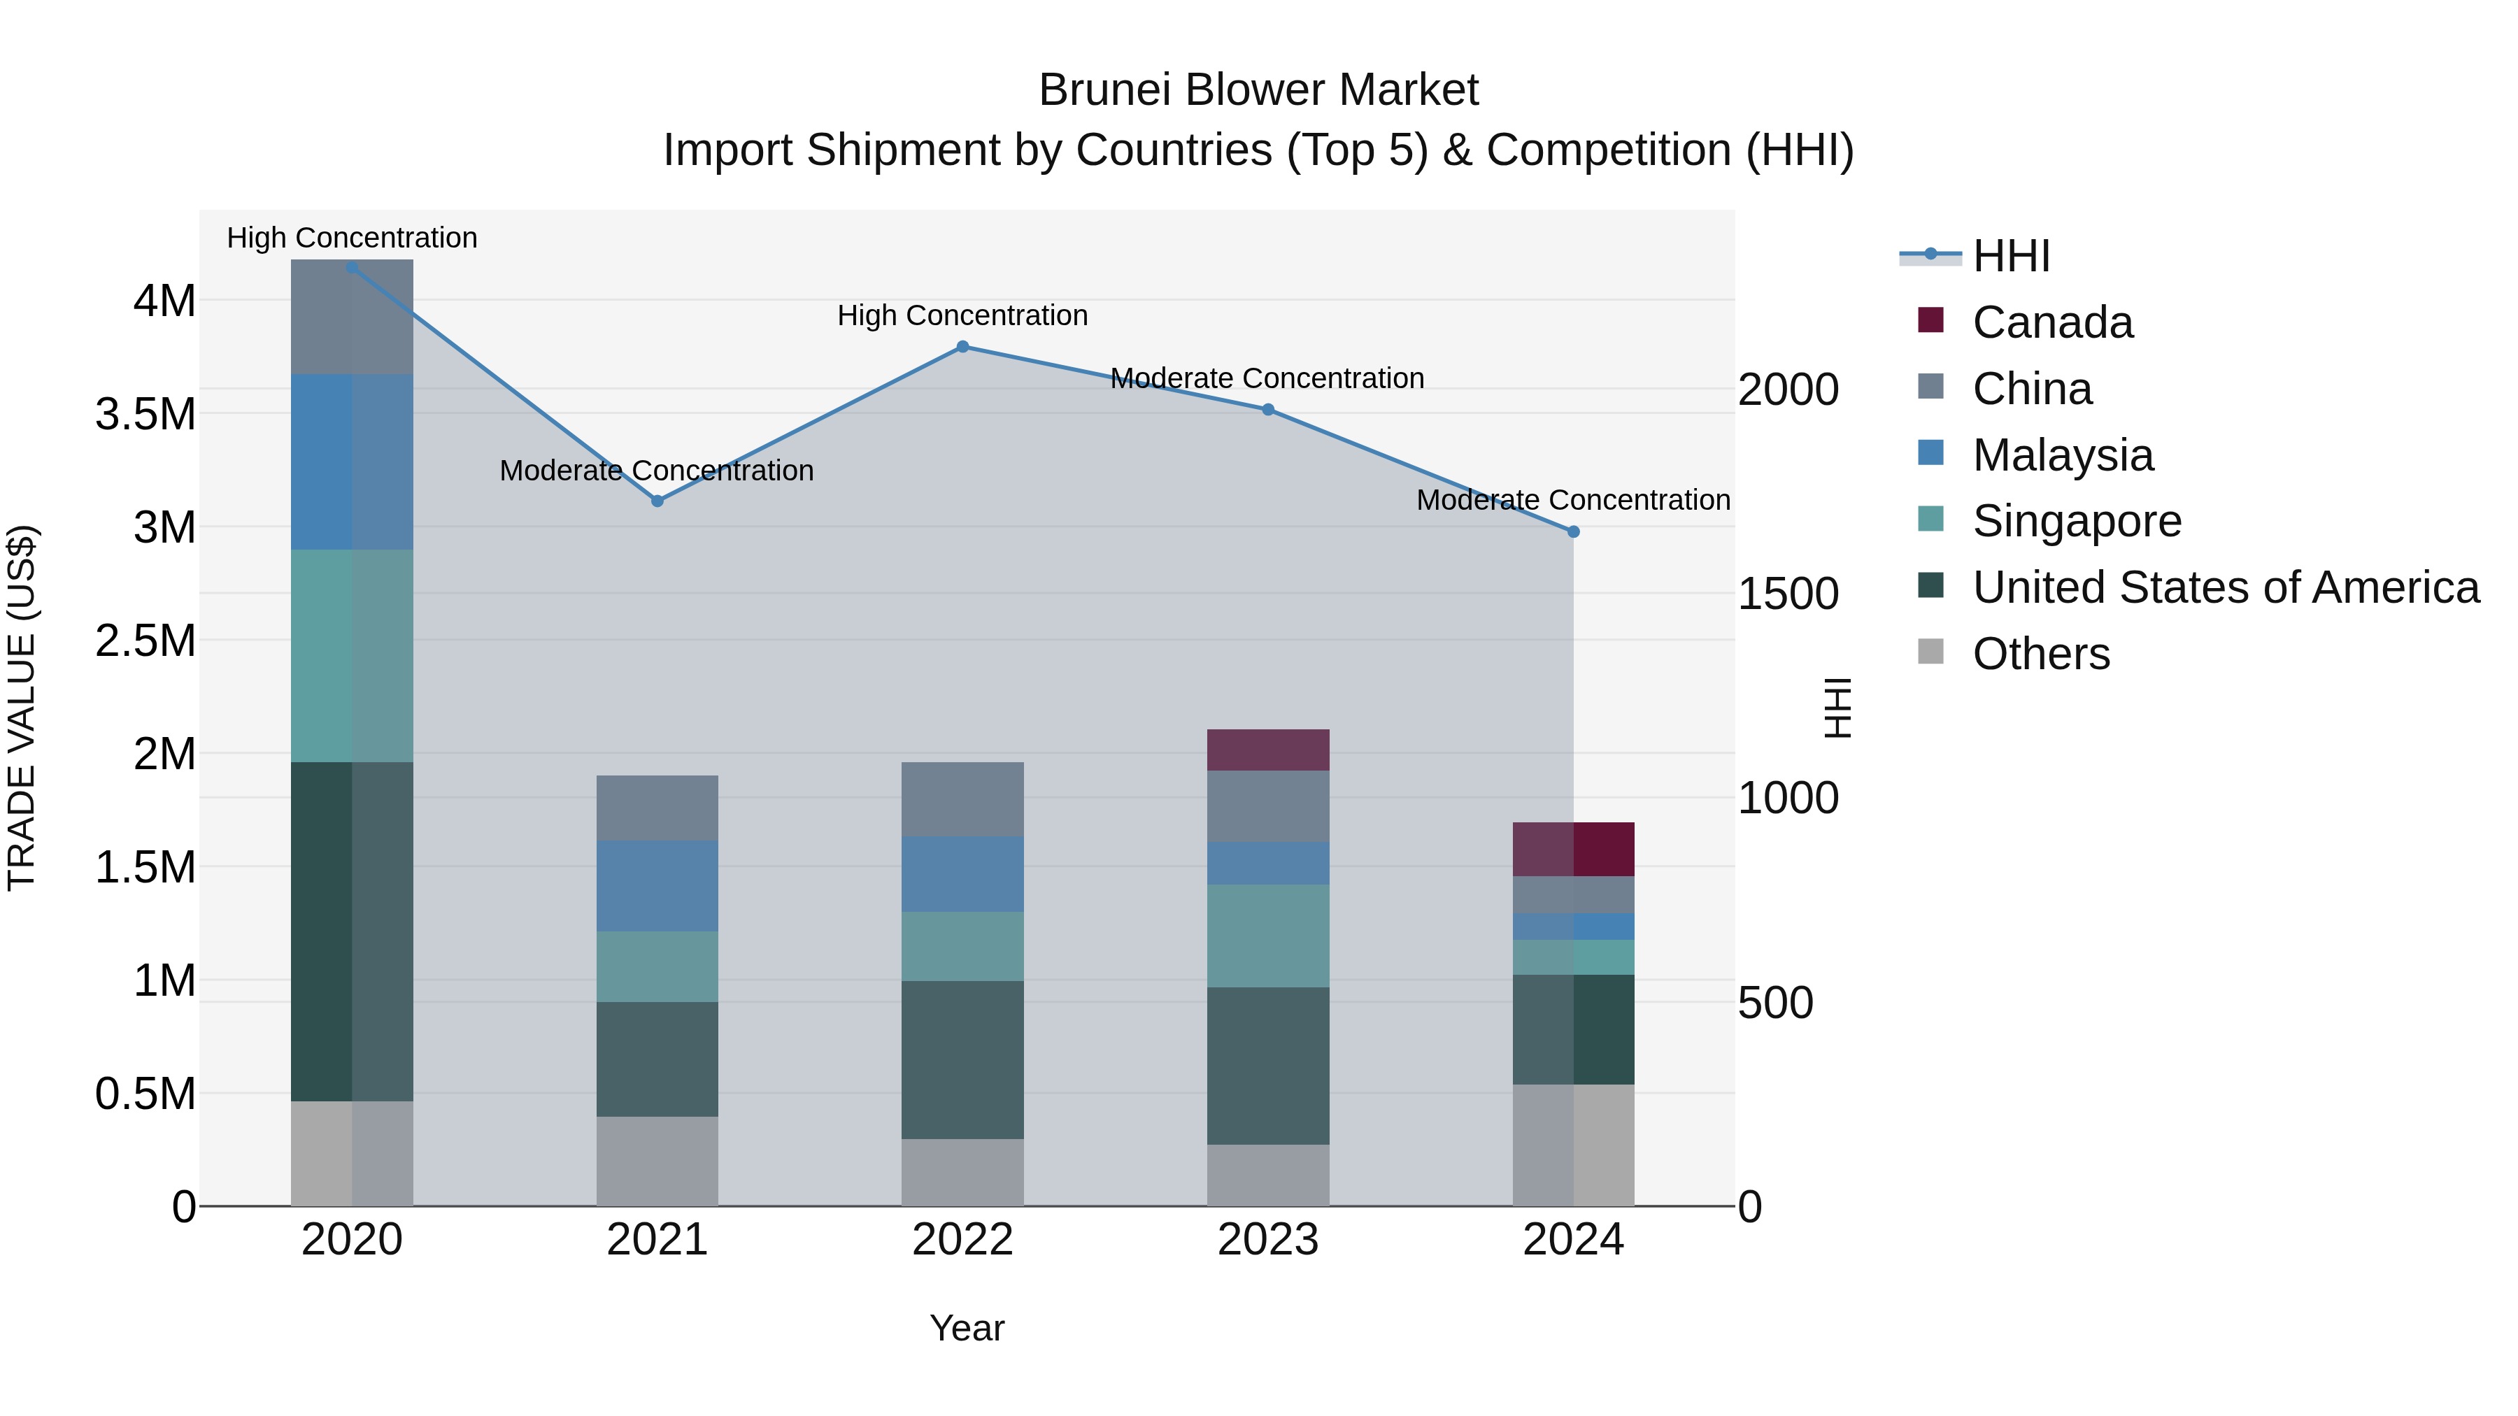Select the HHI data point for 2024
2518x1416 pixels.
(x=1573, y=533)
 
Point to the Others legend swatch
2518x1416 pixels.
(x=1930, y=652)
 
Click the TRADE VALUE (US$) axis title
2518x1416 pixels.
(x=22, y=708)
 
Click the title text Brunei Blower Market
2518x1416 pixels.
(x=1258, y=90)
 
